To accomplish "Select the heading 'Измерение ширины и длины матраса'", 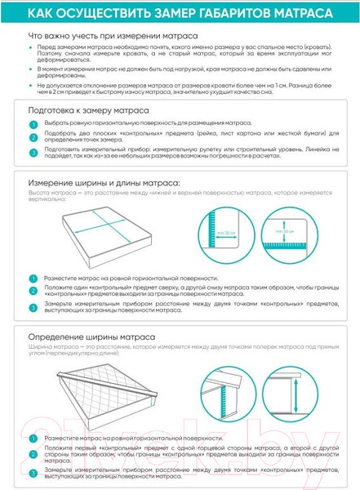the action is click(95, 182).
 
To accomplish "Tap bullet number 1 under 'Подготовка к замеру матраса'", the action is click(33, 124).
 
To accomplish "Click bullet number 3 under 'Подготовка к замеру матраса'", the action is click(33, 153).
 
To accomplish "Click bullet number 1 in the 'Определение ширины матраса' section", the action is click(33, 439).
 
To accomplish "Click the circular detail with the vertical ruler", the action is click(229, 230).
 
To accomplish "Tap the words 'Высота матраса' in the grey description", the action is click(47, 193).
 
